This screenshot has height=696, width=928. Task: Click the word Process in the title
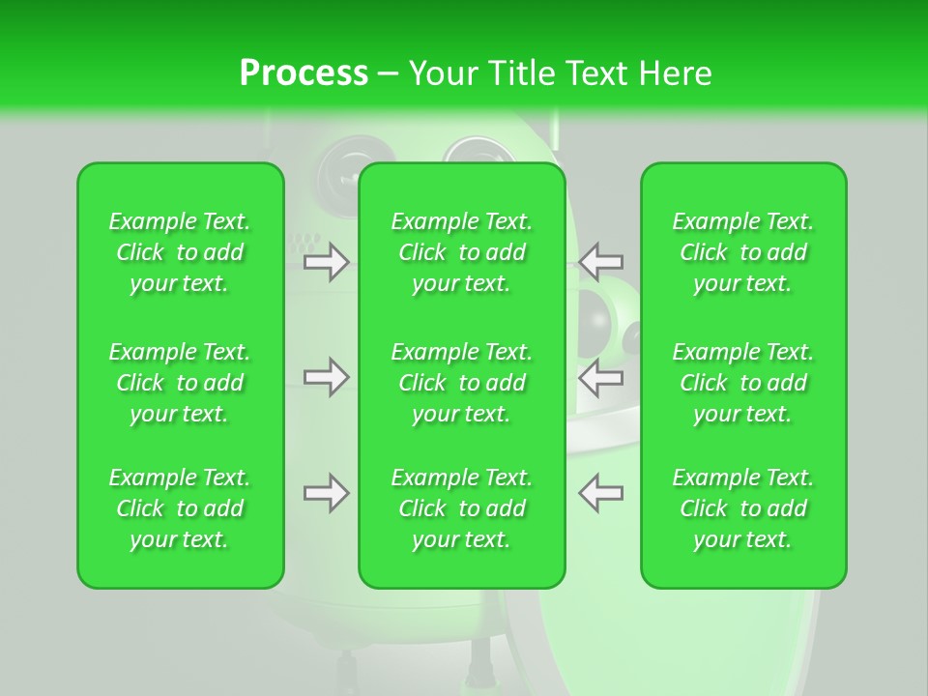point(304,73)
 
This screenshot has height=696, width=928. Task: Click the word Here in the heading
point(674,73)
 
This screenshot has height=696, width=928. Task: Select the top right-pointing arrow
point(326,261)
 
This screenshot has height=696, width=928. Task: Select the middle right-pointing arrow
point(326,377)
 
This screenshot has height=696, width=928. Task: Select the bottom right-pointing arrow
point(326,493)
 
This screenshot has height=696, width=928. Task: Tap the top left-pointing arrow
point(600,261)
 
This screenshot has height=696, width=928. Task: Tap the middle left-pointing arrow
point(600,377)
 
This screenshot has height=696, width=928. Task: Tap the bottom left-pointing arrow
point(600,493)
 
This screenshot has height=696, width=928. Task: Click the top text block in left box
point(180,252)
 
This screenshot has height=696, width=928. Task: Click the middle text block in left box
point(180,383)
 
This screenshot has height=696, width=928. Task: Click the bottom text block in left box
point(180,508)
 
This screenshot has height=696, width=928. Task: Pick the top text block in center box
point(461,252)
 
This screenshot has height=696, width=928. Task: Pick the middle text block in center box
point(461,383)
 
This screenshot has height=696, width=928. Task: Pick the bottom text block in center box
point(461,508)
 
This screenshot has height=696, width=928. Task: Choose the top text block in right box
point(742,252)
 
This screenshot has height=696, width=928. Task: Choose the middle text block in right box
point(742,383)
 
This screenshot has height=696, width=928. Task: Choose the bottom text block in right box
point(742,508)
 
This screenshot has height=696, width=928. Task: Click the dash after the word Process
point(388,74)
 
